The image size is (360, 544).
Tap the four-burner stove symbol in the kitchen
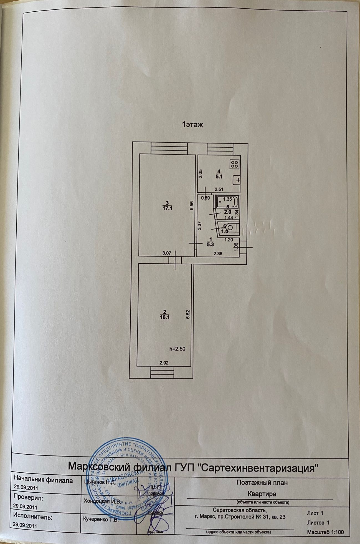(x=234, y=164)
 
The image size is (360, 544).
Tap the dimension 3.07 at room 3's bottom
(x=167, y=253)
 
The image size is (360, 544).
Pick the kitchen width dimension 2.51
(x=220, y=190)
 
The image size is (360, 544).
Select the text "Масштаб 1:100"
(x=325, y=532)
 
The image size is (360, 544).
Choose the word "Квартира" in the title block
(x=262, y=494)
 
